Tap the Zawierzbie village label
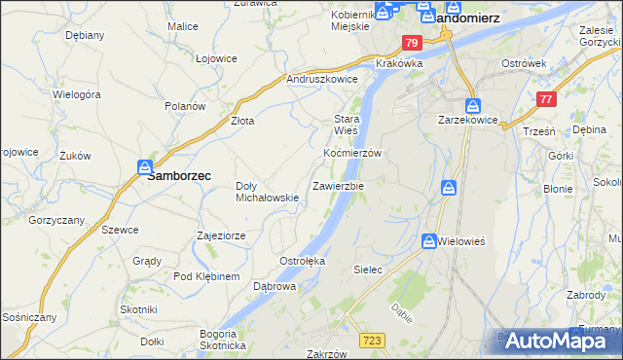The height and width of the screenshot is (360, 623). (338, 185)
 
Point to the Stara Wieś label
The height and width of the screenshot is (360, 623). (347, 123)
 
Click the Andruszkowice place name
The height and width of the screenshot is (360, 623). (322, 80)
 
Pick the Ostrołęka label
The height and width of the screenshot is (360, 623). (302, 261)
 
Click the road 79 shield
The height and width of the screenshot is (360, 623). (412, 43)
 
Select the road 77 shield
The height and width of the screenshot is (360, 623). (546, 98)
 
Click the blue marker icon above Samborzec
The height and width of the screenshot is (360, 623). (145, 166)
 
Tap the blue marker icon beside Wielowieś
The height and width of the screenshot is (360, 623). (429, 239)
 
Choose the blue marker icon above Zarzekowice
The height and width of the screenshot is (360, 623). (472, 105)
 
